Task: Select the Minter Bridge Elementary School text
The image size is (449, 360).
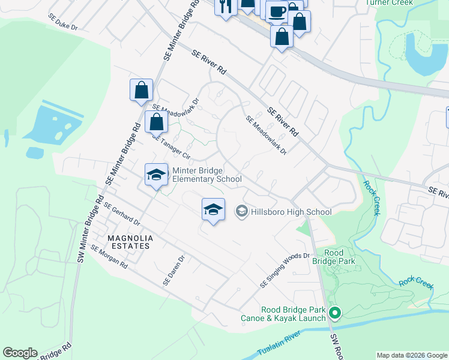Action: click(x=207, y=175)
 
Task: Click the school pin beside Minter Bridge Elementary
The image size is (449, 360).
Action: click(x=156, y=175)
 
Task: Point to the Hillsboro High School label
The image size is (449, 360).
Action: click(x=291, y=211)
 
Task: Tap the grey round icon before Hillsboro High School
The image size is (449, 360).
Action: click(x=242, y=211)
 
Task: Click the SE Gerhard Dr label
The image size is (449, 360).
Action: click(x=121, y=214)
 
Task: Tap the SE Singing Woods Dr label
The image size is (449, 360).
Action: click(x=285, y=269)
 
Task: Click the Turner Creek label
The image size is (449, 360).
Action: click(x=391, y=2)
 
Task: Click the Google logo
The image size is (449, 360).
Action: click(x=20, y=353)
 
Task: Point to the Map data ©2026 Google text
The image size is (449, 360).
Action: click(x=412, y=355)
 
